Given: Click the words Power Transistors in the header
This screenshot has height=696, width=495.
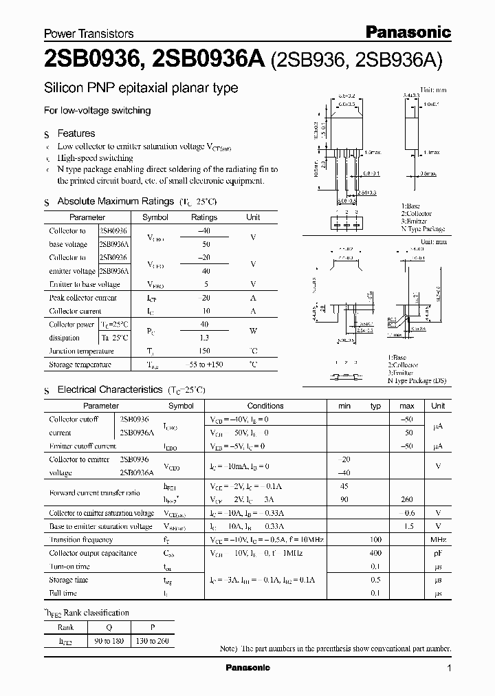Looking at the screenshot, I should (x=89, y=33).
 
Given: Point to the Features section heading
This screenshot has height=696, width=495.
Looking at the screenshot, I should (x=76, y=133).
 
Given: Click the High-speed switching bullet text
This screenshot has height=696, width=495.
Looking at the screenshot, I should (x=95, y=158).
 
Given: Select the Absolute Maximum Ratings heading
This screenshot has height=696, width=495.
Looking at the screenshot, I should (x=115, y=202).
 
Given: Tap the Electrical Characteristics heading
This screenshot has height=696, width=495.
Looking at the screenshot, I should (x=109, y=389).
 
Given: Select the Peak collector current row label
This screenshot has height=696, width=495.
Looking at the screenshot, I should (x=82, y=298).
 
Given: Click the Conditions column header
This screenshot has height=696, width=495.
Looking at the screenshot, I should (x=265, y=406).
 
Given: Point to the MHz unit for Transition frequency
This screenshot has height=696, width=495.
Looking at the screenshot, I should (x=438, y=540).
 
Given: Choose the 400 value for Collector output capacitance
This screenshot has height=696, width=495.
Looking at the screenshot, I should (x=375, y=553).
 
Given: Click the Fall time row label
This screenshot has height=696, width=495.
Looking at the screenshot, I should (x=63, y=593).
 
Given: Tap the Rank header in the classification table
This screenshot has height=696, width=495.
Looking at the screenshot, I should (x=65, y=627).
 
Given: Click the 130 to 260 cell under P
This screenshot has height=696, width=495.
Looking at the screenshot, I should (x=152, y=641).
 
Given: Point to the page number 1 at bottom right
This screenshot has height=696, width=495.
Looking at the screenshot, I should (x=449, y=668).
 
